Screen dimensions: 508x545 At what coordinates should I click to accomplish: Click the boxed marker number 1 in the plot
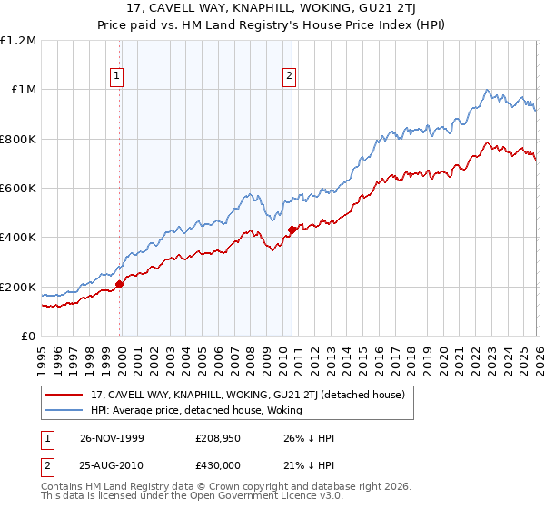point(119,76)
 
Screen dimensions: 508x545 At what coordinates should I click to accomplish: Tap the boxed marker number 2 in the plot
point(290,76)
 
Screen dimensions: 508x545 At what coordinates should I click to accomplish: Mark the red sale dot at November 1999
point(120,285)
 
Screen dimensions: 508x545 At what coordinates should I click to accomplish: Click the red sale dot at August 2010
point(292,230)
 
